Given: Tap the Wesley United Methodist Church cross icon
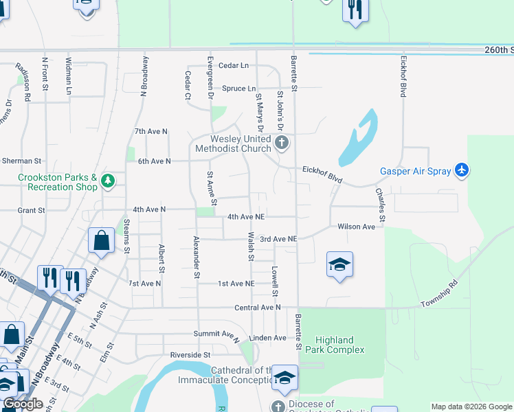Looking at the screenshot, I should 281,143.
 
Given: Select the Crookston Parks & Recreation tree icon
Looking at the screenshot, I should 107,181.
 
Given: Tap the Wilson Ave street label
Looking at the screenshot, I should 356,226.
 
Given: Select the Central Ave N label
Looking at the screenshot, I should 258,308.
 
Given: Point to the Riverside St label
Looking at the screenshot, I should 190,355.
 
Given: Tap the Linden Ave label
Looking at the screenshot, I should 267,338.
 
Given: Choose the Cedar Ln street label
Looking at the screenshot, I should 233,65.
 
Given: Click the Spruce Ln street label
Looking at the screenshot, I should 238,89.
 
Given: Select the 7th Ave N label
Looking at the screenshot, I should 151,131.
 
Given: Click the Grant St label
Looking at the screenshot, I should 31,209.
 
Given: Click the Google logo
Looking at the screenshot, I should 23,404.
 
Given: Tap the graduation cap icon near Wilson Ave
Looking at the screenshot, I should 339,265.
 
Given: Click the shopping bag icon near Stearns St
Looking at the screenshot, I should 101,241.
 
